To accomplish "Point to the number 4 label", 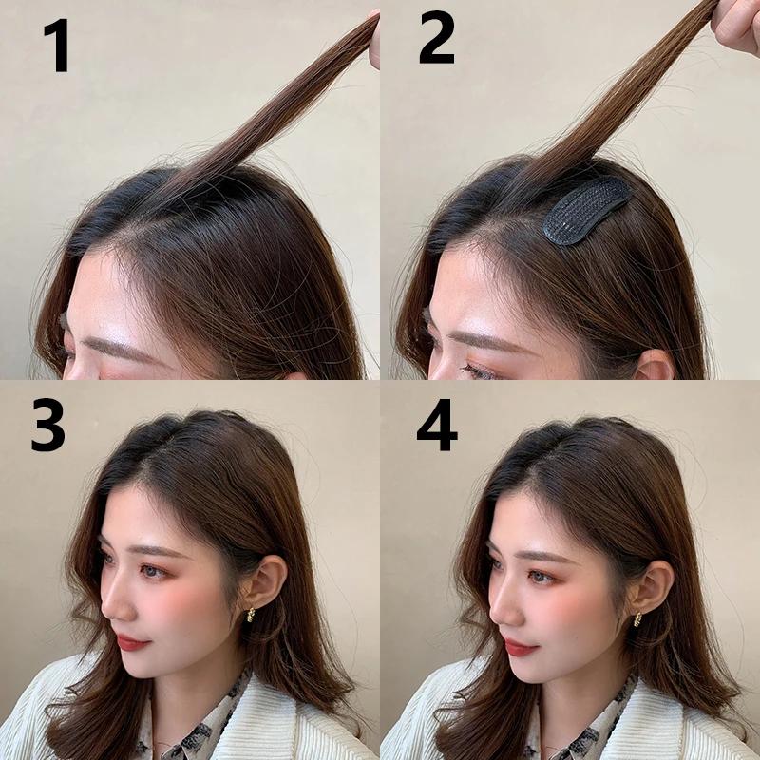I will [x=436, y=429].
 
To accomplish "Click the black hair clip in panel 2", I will [x=584, y=210].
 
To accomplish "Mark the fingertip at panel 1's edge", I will [x=374, y=43].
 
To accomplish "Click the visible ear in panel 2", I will [x=655, y=365].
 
